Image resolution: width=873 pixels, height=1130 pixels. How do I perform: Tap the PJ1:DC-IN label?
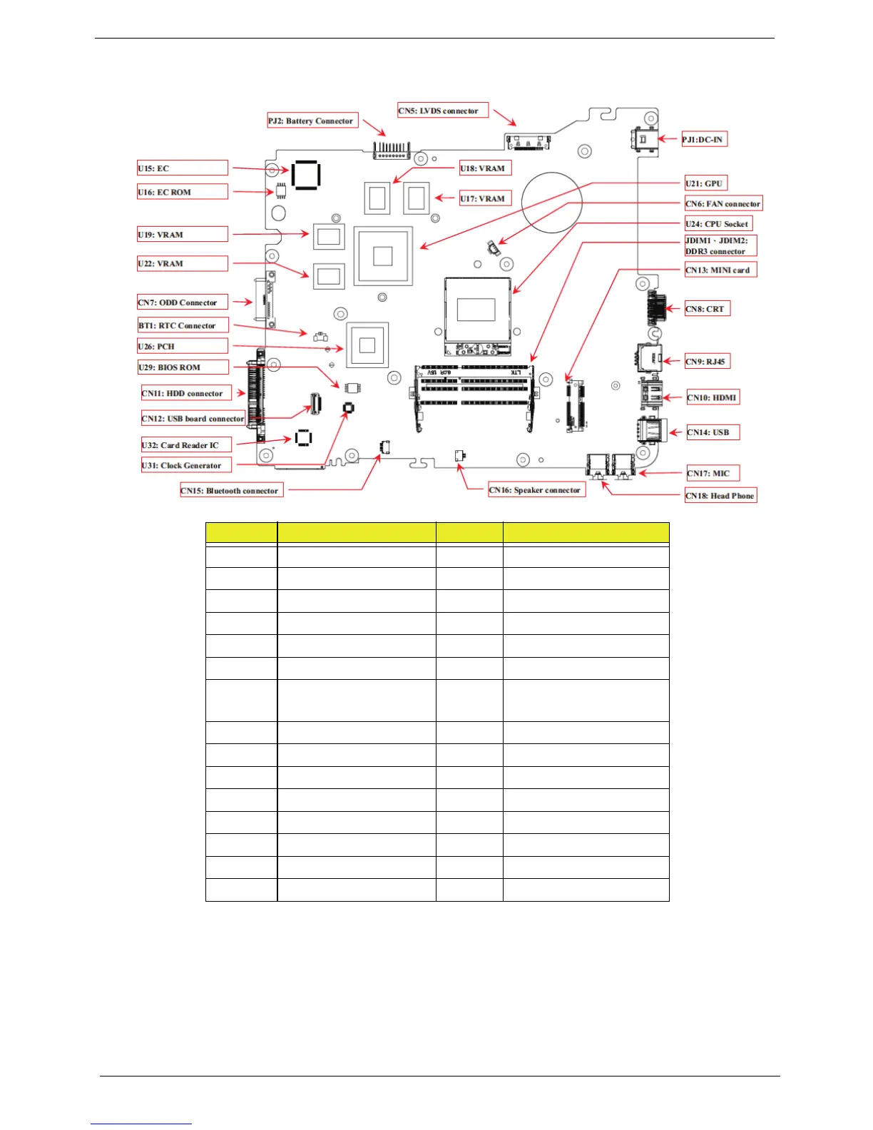(703, 140)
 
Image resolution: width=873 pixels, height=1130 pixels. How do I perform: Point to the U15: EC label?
(183, 168)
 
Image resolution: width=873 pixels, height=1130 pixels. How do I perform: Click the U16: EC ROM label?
(183, 192)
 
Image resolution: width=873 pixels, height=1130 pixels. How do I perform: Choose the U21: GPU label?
(706, 183)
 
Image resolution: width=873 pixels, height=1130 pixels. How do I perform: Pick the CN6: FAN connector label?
(723, 204)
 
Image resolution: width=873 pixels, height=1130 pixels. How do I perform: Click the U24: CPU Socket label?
(718, 224)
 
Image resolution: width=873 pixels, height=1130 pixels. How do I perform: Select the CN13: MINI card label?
(720, 270)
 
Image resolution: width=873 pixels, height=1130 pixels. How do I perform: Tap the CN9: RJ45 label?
(707, 362)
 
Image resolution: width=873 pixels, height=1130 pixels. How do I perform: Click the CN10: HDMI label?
(713, 397)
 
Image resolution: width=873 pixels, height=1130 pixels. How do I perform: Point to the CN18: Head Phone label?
(720, 496)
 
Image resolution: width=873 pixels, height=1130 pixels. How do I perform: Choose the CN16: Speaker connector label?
(536, 490)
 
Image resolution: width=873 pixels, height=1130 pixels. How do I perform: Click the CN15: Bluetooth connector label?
(232, 491)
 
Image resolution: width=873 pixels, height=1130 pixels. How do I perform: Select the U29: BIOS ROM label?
(183, 367)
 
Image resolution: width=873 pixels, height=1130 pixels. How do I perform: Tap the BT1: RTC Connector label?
(183, 325)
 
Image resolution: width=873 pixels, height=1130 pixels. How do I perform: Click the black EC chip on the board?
(305, 175)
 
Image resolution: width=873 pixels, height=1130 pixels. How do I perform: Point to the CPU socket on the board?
(477, 315)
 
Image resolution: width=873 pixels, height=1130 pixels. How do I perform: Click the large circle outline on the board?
(552, 202)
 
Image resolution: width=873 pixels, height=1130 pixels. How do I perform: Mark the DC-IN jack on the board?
(643, 139)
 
